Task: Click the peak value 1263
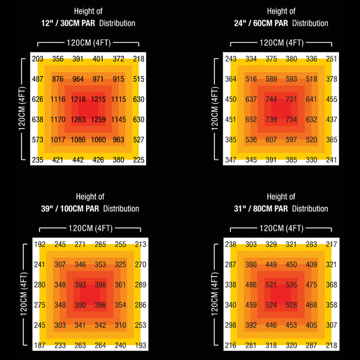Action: click(78, 120)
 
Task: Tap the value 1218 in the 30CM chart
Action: click(78, 99)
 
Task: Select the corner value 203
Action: click(38, 59)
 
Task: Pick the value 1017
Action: click(58, 139)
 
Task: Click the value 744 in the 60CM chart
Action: click(271, 99)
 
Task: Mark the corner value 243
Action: click(231, 59)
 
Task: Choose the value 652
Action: click(251, 120)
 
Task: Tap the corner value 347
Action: click(231, 160)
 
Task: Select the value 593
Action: click(291, 79)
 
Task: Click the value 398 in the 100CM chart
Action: click(100, 284)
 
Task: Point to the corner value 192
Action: click(40, 244)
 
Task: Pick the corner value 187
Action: click(40, 346)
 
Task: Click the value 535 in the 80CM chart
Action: click(291, 284)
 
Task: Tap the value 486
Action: click(251, 284)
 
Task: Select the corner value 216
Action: click(231, 346)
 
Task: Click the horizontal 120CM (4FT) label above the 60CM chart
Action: click(281, 43)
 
